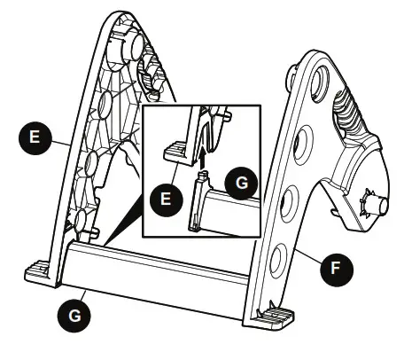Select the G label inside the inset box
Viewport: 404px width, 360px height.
tap(240, 185)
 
